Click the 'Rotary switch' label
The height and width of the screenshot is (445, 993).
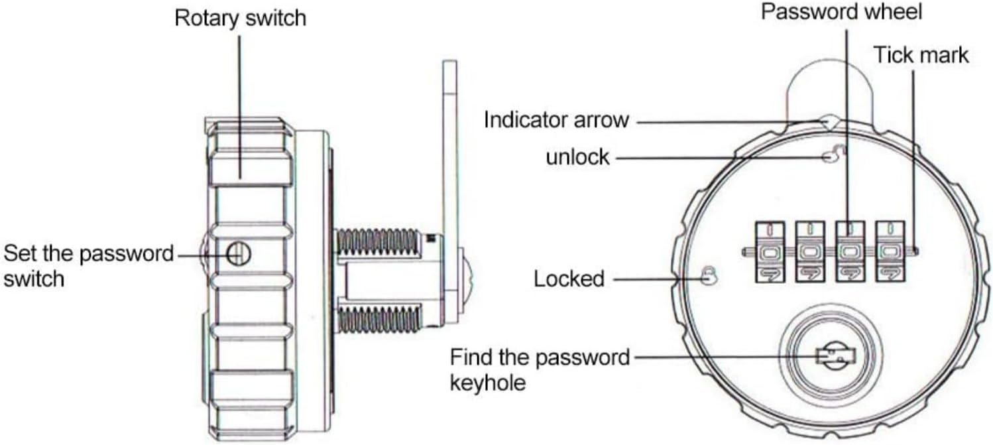(x=240, y=18)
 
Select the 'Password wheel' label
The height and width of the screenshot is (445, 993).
(x=841, y=12)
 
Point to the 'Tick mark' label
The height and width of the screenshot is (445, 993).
(x=921, y=54)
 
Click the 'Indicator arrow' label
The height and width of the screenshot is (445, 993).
(x=555, y=120)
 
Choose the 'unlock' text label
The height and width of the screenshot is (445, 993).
(x=577, y=158)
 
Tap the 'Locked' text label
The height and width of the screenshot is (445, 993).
(x=569, y=279)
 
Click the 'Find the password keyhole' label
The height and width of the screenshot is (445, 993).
(x=539, y=369)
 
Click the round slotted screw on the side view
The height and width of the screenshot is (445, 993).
(x=238, y=251)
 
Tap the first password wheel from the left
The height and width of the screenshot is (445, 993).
(x=769, y=252)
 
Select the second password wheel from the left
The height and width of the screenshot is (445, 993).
(x=809, y=252)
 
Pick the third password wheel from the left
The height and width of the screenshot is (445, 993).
(x=850, y=252)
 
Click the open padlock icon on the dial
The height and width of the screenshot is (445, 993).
(x=831, y=157)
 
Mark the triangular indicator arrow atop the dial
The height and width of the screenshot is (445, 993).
(x=828, y=122)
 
